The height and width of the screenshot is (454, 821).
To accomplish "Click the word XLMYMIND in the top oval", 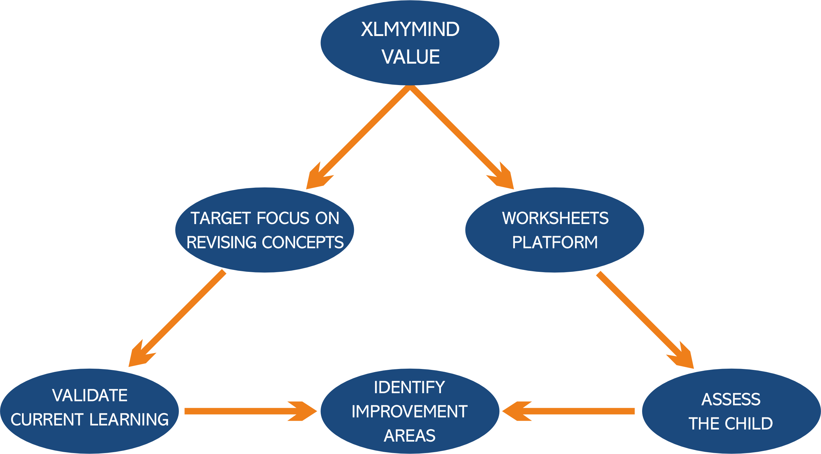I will pyautogui.click(x=410, y=29).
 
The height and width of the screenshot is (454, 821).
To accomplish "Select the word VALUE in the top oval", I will pyautogui.click(x=410, y=57).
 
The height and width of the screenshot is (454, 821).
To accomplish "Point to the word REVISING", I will pyautogui.click(x=221, y=242).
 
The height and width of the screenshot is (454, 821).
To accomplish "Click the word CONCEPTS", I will pyautogui.click(x=303, y=242).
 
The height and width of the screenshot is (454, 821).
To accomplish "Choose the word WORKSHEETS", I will pyautogui.click(x=555, y=218).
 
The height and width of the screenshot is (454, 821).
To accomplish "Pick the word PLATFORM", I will pyautogui.click(x=555, y=242).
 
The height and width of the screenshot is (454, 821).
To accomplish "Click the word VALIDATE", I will pyautogui.click(x=90, y=396).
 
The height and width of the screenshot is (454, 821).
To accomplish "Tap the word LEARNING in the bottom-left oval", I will pyautogui.click(x=129, y=420).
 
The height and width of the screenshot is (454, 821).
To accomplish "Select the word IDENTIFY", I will pyautogui.click(x=409, y=388).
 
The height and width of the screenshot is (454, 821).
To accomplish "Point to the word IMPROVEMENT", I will pyautogui.click(x=410, y=411).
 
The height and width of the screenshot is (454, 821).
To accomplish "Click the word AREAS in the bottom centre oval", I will pyautogui.click(x=410, y=436).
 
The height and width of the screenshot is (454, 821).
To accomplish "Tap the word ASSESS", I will pyautogui.click(x=731, y=399).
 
